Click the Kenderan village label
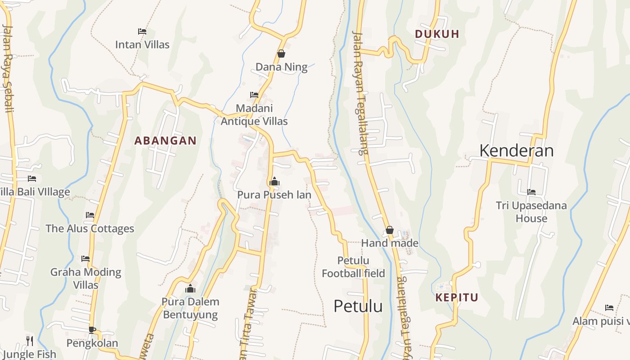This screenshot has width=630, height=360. coord(516,150)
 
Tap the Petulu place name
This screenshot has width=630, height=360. coord(358,306)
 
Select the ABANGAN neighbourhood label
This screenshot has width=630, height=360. coord(166,141)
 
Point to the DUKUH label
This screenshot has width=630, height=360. coord(437,34)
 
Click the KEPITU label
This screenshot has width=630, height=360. coord(457,297)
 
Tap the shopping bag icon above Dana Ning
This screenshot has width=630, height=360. coord(281,54)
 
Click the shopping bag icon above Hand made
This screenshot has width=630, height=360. coord(390,230)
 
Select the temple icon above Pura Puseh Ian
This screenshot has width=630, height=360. coord(274,182)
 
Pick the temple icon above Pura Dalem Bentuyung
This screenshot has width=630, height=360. coord(190,288)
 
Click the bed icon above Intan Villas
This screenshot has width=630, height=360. coord(142,31)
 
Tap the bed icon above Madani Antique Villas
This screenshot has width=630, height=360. coord(254,95)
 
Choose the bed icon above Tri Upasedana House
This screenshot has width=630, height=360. coord(531,192)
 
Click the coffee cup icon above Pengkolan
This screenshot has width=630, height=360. coord(92,330)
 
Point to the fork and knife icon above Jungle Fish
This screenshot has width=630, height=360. coord(30,341)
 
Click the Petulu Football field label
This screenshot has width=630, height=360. coord(353,267)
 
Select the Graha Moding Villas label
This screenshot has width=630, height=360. coord(85,278)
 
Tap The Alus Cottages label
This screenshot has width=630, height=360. coord(90,229)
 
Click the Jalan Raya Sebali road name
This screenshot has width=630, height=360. coord(8,67)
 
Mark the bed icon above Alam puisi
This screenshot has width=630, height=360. coord(609,308)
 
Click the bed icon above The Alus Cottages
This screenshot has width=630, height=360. coord(90,215)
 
